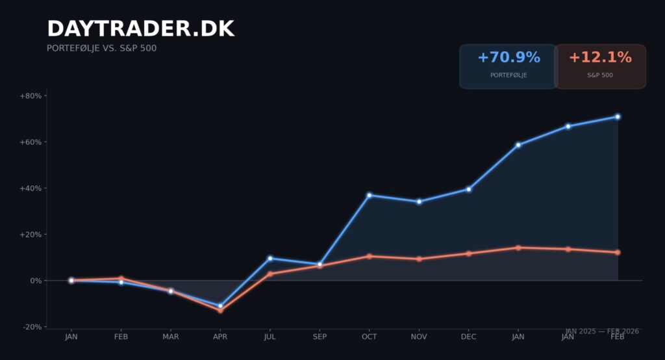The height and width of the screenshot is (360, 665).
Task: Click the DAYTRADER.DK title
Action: click(x=140, y=29)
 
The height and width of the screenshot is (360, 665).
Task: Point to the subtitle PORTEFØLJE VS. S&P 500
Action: click(x=101, y=48)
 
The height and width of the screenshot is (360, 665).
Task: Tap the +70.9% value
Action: click(x=508, y=58)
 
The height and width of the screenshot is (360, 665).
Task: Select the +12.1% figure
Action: click(x=600, y=58)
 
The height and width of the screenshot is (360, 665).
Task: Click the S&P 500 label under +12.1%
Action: click(x=600, y=75)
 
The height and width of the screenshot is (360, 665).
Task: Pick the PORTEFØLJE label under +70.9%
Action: click(x=508, y=75)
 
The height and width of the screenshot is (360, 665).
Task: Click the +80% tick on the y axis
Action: click(x=31, y=96)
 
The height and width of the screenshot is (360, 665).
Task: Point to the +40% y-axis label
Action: click(x=31, y=188)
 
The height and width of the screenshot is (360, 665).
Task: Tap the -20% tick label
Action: click(x=31, y=327)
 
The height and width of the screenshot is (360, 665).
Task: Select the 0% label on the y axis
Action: click(x=34, y=281)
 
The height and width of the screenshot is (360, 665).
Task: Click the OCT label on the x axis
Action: click(x=369, y=337)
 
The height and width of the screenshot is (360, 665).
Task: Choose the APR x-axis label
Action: click(x=220, y=337)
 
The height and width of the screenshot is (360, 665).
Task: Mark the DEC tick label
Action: click(x=468, y=337)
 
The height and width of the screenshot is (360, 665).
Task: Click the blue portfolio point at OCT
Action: click(x=369, y=195)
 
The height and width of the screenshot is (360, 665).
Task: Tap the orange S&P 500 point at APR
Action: click(x=220, y=311)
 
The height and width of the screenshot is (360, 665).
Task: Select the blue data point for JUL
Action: click(x=270, y=259)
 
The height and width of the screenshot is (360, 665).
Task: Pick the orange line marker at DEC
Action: click(x=468, y=253)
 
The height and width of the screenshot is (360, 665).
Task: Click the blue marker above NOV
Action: click(x=419, y=201)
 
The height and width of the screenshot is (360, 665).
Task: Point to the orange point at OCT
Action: click(x=369, y=256)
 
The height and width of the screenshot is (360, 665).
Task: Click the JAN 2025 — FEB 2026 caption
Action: click(x=602, y=331)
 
